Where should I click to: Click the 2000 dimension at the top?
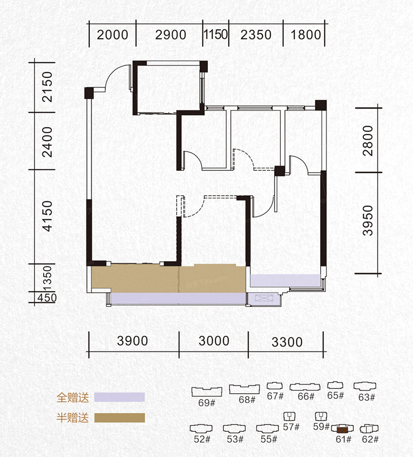pyautogui.click(x=113, y=35)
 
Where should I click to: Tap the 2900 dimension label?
pyautogui.click(x=171, y=35)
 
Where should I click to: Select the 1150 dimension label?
pyautogui.click(x=216, y=35)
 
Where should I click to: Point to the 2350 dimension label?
pyautogui.click(x=256, y=35)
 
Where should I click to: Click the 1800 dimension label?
pyautogui.click(x=306, y=35)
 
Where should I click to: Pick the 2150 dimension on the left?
pyautogui.click(x=47, y=87)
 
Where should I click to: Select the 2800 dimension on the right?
pyautogui.click(x=368, y=141)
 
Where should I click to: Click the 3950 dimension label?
pyautogui.click(x=368, y=221)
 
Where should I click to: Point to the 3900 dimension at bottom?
pyautogui.click(x=133, y=341)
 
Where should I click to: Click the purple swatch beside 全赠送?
pyautogui.click(x=120, y=397)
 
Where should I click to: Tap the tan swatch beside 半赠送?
pyautogui.click(x=120, y=418)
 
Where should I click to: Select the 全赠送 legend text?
pyautogui.click(x=72, y=397)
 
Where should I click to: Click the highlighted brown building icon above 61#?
pyautogui.click(x=342, y=429)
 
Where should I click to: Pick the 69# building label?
pyautogui.click(x=206, y=402)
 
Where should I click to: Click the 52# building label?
pyautogui.click(x=201, y=439)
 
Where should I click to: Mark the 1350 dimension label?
pyautogui.click(x=47, y=278)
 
